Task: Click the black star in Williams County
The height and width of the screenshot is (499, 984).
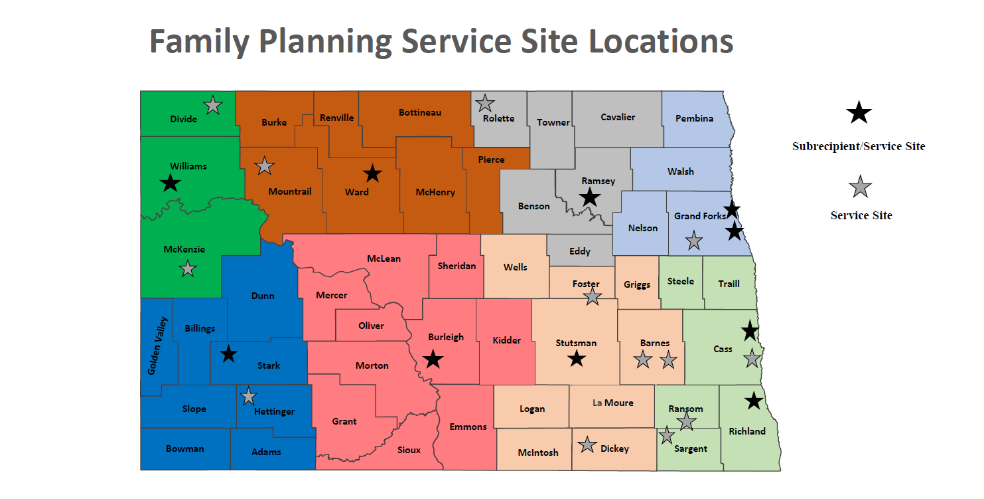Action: [171, 183]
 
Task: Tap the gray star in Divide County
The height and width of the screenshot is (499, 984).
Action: [213, 105]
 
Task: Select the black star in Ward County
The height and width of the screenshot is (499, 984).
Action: [373, 174]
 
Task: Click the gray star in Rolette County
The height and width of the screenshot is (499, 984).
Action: [485, 103]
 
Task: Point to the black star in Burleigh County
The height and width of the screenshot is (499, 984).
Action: [433, 359]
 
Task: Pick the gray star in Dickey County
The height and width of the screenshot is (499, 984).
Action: [587, 445]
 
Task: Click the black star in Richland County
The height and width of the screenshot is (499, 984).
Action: [754, 401]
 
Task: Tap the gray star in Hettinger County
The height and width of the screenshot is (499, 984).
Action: [248, 396]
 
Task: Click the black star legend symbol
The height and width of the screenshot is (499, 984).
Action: [859, 114]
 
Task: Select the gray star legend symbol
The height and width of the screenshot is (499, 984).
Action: [860, 187]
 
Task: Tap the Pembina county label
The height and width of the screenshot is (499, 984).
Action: [694, 118]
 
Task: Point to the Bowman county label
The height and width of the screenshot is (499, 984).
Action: [185, 449]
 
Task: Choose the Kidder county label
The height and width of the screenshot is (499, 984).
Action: [507, 340]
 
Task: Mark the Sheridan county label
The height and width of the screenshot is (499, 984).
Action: [457, 266]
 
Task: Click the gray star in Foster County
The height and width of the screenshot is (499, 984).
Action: [593, 297]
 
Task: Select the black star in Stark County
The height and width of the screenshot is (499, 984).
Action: [228, 353]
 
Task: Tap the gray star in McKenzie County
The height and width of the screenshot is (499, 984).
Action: [188, 269]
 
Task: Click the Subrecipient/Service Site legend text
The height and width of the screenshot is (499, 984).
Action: [858, 146]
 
